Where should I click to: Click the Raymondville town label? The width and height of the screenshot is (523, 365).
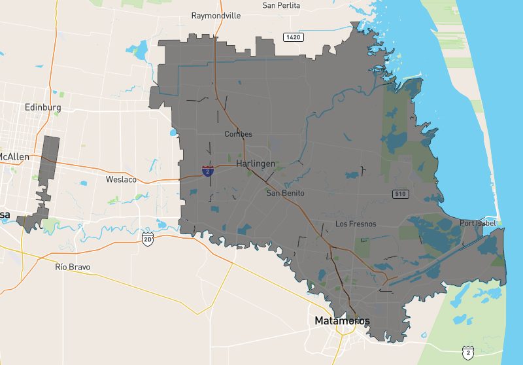point(216,15)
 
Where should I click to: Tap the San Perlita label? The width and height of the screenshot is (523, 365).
point(280,5)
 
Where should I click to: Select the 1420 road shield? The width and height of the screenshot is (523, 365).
point(294,37)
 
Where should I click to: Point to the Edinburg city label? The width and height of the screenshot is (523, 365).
point(42,107)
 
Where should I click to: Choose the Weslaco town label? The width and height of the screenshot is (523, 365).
point(121,179)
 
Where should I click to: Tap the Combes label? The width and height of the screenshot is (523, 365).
point(238,134)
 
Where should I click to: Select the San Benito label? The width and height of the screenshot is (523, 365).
point(285,193)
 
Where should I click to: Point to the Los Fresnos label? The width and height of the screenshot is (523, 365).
point(356,224)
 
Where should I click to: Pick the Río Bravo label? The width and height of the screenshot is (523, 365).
point(73,267)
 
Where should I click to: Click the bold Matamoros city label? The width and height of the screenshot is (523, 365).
point(342,321)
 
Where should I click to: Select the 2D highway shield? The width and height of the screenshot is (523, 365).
point(148,238)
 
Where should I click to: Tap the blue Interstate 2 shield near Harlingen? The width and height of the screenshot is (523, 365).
point(207,171)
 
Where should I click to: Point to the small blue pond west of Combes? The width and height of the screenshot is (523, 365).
point(173,133)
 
